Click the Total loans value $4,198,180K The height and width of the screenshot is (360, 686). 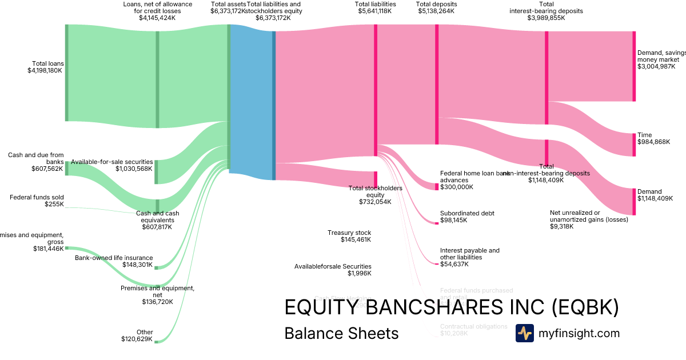[45, 70]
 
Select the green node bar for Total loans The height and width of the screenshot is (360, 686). [66, 73]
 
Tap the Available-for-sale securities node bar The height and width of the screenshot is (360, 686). [157, 172]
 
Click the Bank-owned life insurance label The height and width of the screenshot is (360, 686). [114, 258]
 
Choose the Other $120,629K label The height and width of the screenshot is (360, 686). [137, 335]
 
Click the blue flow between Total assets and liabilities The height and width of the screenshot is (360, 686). [252, 102]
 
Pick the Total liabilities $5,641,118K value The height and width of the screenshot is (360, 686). [375, 11]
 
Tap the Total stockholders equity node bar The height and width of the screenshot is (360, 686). [376, 179]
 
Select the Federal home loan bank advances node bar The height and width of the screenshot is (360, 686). [437, 186]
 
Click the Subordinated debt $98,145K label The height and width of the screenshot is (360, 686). [467, 217]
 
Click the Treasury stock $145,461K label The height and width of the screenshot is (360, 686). [349, 236]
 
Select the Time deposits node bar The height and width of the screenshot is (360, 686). [633, 145]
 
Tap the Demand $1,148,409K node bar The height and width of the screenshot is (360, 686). [633, 202]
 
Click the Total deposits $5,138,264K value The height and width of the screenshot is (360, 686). [436, 11]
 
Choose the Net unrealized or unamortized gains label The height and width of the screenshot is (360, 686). [589, 216]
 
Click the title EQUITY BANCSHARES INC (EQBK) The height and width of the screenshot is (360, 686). [452, 308]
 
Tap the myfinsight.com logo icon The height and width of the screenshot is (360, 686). [524, 333]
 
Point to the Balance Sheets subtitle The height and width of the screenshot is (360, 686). [341, 333]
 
